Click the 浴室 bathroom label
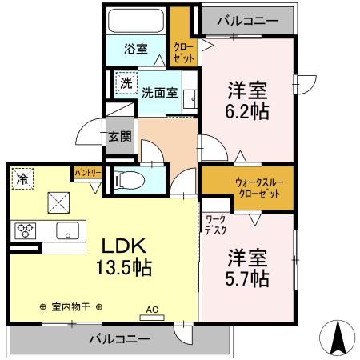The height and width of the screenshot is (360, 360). (135, 49)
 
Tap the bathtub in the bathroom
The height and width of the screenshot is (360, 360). (135, 22)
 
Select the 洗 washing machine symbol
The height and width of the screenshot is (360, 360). (126, 82)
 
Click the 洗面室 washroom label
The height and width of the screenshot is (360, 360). (160, 91)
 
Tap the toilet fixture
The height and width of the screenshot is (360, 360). (129, 181)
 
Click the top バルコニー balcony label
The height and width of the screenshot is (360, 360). (246, 17)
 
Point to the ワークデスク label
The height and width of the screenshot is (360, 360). (214, 223)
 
